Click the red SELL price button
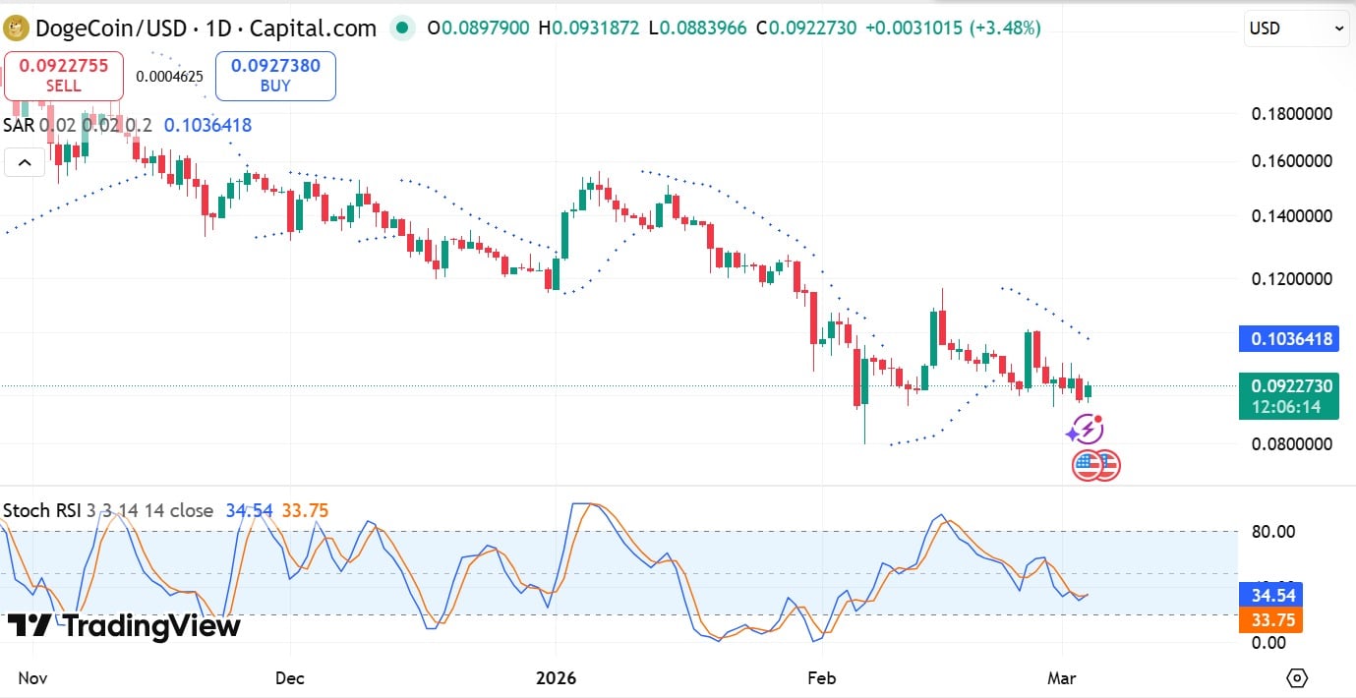[64, 76]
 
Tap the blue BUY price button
[275, 76]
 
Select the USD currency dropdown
[1297, 29]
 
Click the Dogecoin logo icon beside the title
[17, 29]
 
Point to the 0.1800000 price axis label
[1291, 114]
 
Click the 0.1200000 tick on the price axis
[1291, 279]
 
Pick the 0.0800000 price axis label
[1291, 444]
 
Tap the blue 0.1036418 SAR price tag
[1288, 340]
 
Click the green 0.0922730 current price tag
[1288, 396]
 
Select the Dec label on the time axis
[290, 677]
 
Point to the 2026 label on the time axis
[556, 677]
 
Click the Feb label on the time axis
[821, 677]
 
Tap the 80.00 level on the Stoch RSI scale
[1274, 532]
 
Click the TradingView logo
[123, 626]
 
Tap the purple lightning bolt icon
[1086, 430]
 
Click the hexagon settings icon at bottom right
[1297, 677]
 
